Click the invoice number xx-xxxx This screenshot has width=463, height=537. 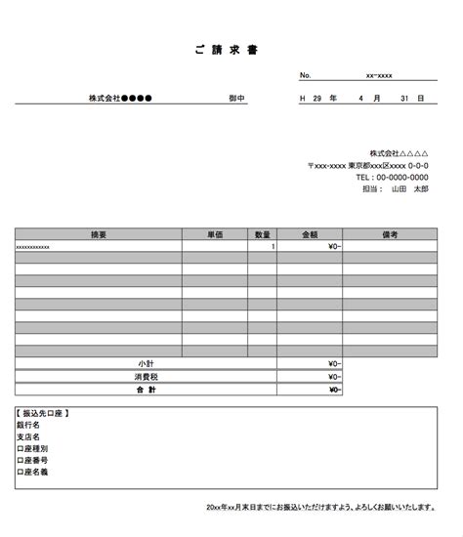point(379,75)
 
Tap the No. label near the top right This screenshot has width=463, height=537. point(306,75)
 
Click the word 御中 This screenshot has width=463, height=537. point(236,99)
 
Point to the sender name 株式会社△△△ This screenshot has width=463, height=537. point(399,154)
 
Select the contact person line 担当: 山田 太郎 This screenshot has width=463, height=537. point(395,189)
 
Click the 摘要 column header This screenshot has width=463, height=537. point(98,234)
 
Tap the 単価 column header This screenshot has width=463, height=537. point(216,234)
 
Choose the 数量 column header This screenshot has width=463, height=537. point(263,234)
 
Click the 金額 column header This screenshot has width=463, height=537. point(310,234)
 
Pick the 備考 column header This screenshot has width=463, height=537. point(390,234)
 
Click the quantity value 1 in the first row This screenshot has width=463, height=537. point(273,247)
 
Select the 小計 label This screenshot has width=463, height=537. point(146,363)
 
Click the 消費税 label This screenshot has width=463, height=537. point(146,376)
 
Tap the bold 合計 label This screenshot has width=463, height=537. point(146,389)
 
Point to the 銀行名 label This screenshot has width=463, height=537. point(28,426)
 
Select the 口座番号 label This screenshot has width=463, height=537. point(32,460)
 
